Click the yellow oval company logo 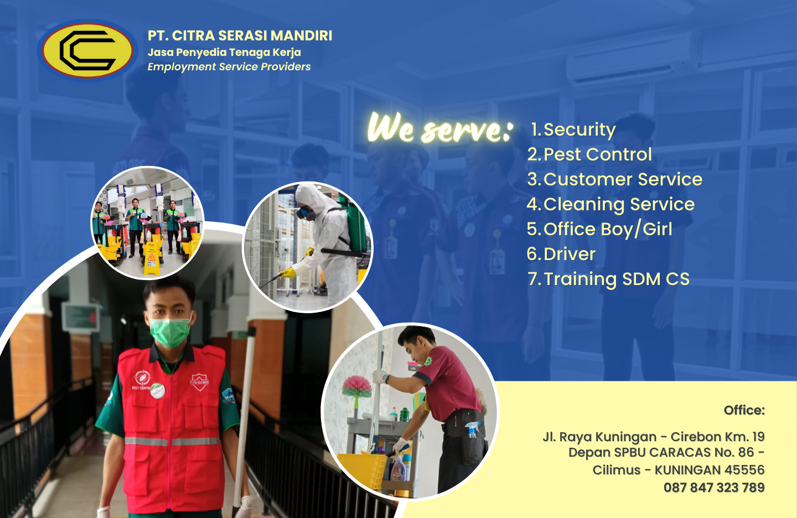[87, 50]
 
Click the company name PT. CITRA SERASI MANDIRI [240, 35]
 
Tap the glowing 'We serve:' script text [440, 128]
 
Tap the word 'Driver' [570, 254]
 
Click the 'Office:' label [744, 410]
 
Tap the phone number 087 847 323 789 [714, 488]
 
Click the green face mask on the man [170, 332]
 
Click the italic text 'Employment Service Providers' [229, 67]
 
